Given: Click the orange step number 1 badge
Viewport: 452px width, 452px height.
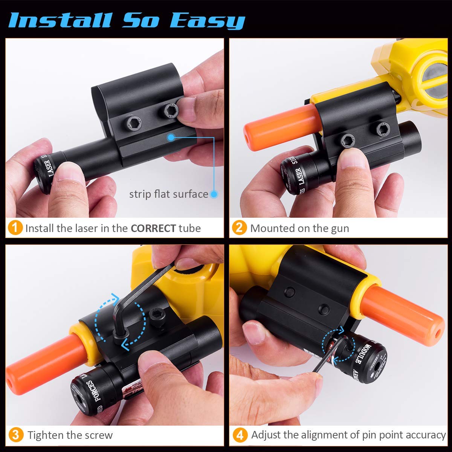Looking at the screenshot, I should pyautogui.click(x=15, y=228).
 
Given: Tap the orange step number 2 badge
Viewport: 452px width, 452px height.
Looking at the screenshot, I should pyautogui.click(x=240, y=228).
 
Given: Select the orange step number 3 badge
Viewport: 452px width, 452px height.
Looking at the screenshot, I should pyautogui.click(x=15, y=435).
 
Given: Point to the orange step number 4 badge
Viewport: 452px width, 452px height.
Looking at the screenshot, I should pyautogui.click(x=240, y=435).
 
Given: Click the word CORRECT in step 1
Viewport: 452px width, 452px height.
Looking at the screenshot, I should pyautogui.click(x=153, y=228).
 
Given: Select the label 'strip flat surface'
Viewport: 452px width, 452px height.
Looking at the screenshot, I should pyautogui.click(x=168, y=194).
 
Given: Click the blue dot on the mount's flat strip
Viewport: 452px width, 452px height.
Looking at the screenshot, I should pyautogui.click(x=171, y=137).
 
